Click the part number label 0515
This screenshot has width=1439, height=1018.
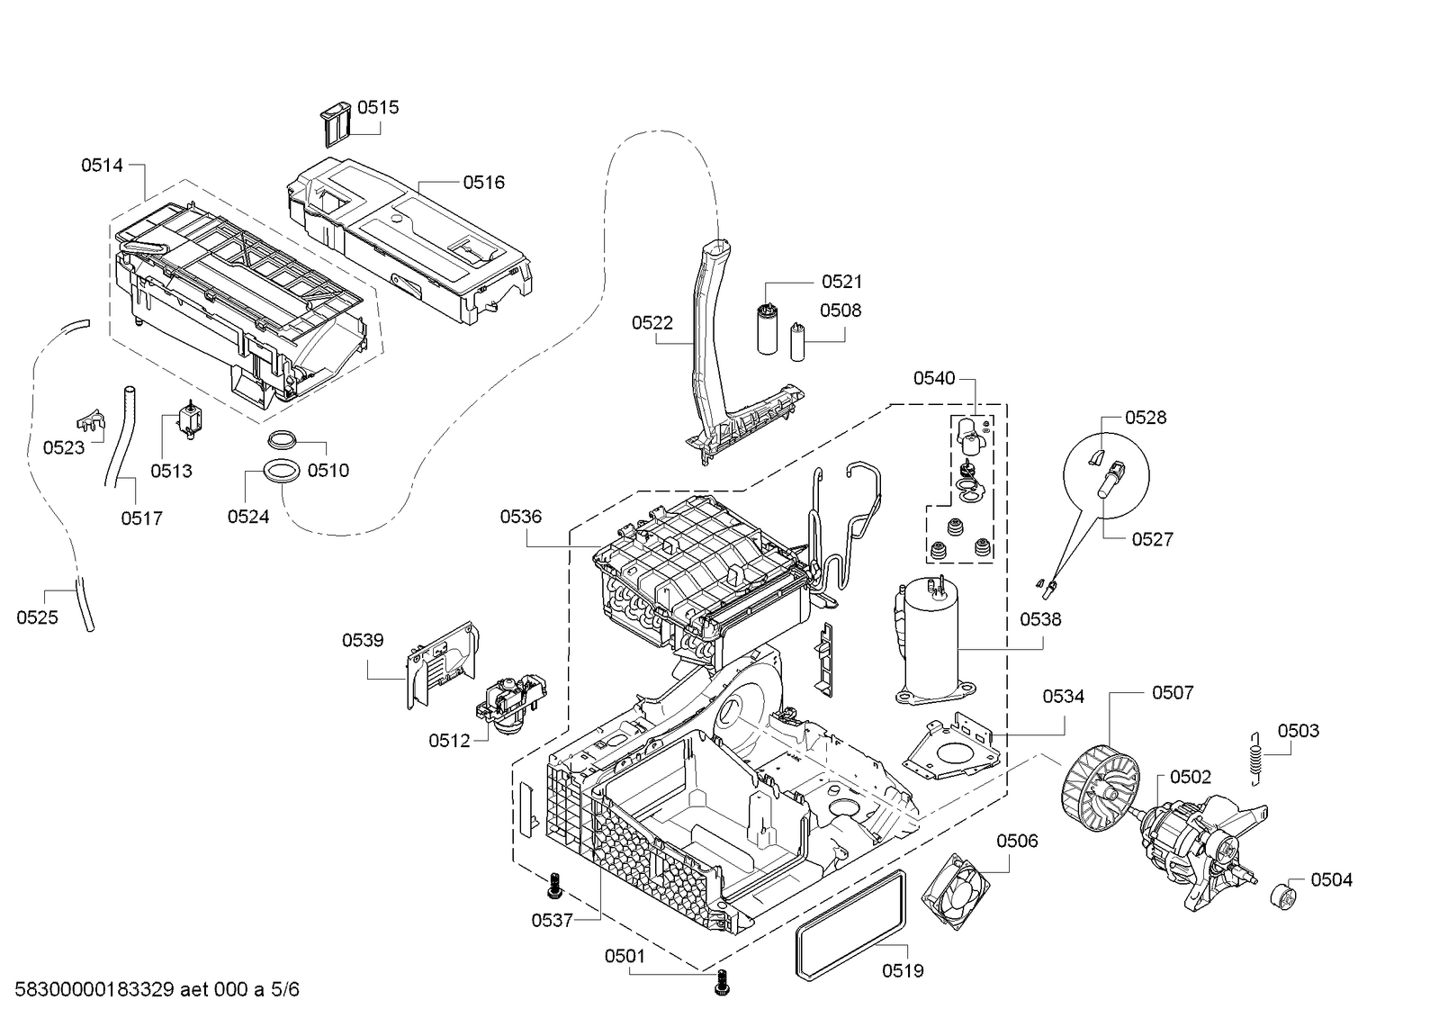378,107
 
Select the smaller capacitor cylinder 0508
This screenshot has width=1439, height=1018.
797,341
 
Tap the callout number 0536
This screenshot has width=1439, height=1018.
521,517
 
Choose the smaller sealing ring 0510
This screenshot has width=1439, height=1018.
282,440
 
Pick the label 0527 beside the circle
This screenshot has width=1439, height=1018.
1152,539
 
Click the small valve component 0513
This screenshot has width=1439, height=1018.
189,420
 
